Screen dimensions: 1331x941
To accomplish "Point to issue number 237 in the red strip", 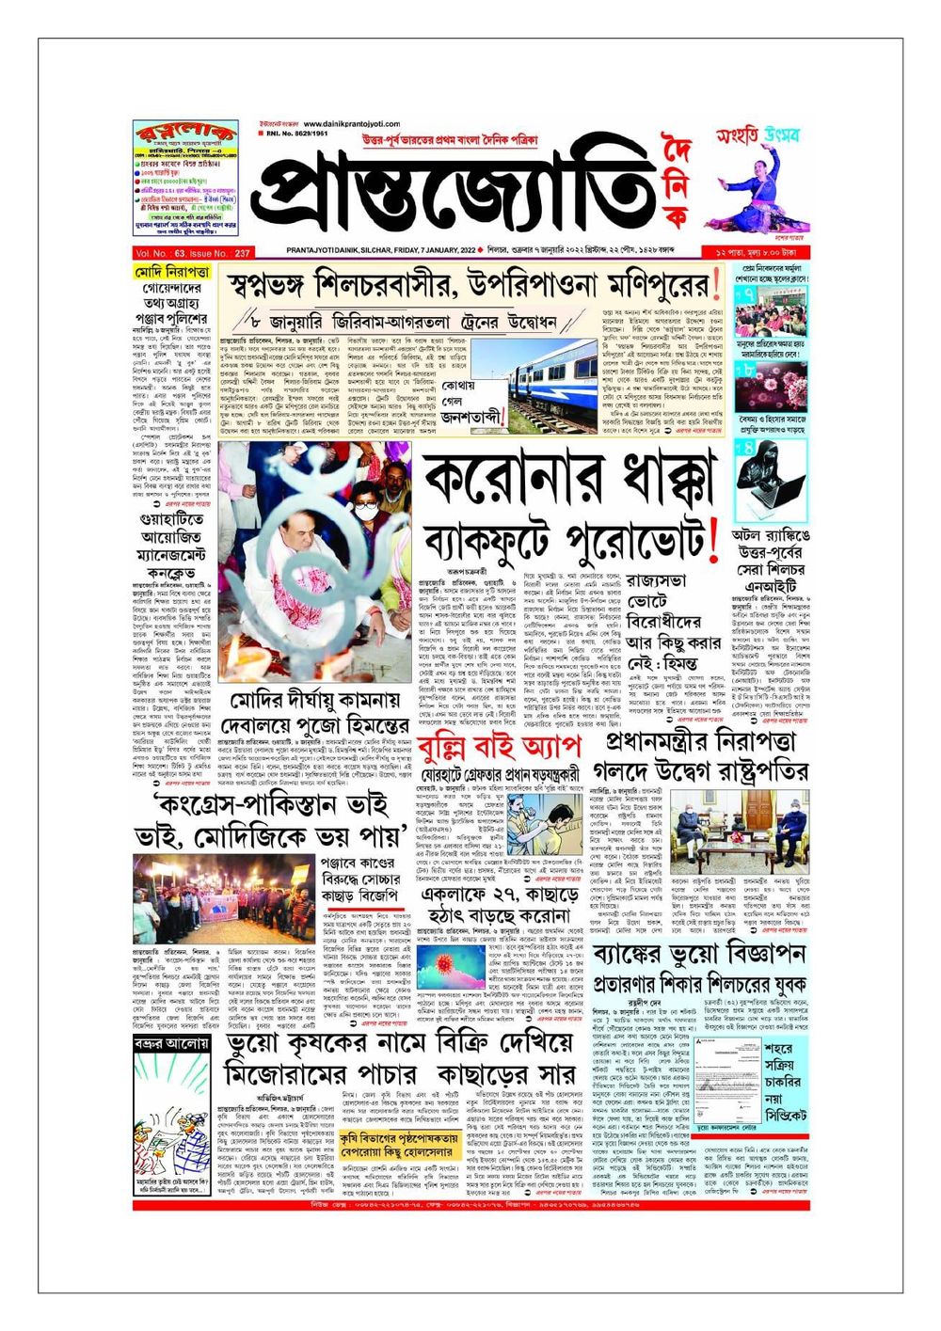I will click(243, 253).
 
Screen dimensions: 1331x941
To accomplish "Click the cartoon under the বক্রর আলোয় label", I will click(171, 1128).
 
